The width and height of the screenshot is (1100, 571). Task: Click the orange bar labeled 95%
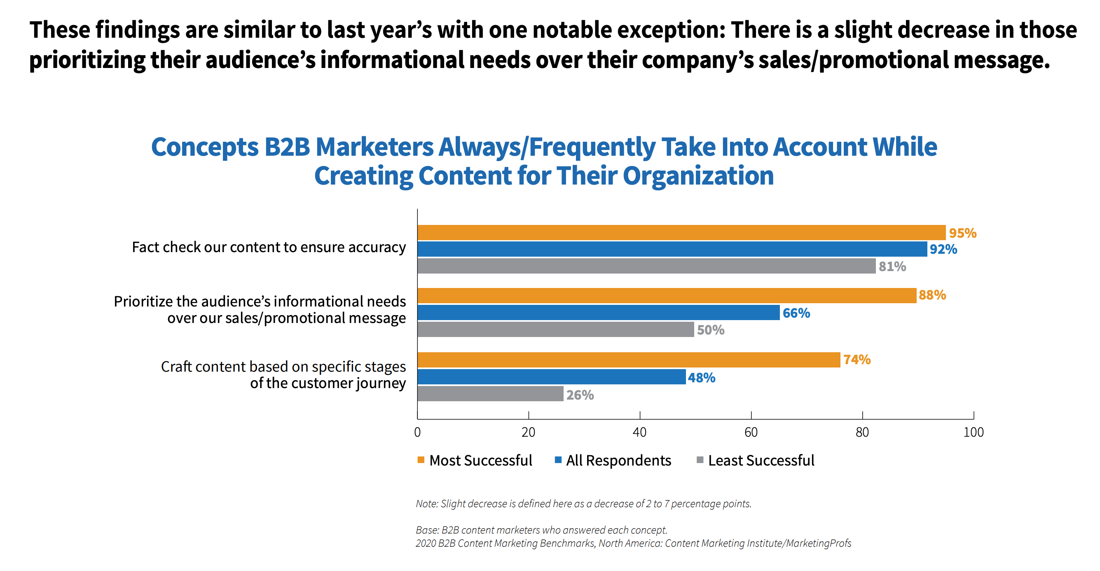681,233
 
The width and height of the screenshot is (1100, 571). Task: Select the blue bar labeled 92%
672,249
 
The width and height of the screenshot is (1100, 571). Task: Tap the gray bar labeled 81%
646,266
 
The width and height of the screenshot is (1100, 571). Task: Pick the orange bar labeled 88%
667,295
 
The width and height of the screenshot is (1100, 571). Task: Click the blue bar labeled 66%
598,313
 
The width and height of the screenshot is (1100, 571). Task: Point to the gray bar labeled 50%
555,329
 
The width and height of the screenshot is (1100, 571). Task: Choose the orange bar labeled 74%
629,360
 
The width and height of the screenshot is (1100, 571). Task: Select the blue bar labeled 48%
551,377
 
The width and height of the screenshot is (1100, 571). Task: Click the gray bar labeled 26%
490,394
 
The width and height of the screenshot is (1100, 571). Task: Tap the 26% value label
580,395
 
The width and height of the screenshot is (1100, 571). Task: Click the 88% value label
932,295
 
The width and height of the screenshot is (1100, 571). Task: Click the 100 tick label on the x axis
973,432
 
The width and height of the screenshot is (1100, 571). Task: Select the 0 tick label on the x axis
417,432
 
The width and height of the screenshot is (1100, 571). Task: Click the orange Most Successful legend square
421,460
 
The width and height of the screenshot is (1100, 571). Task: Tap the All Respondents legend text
618,461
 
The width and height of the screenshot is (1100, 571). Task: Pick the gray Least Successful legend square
700,460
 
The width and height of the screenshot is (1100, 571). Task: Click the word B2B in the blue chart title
287,147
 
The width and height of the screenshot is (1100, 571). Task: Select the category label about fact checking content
269,247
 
